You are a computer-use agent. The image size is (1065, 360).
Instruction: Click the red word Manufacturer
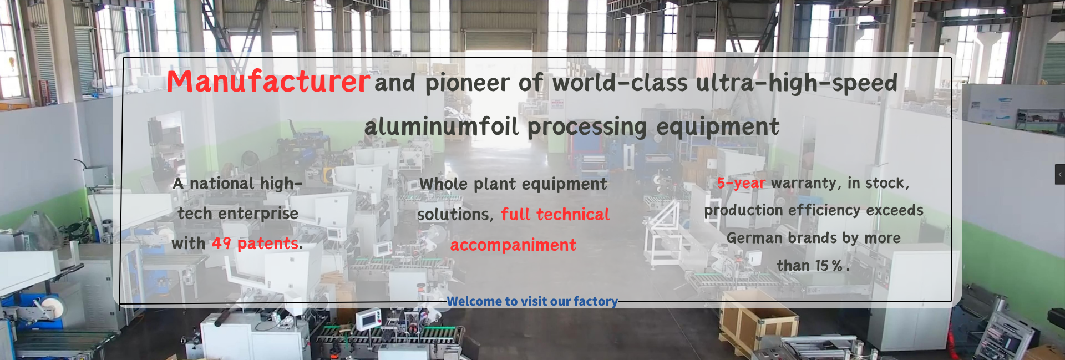[x=268, y=82]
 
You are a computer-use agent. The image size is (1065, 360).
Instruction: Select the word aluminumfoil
[x=442, y=126]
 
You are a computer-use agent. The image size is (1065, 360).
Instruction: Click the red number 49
[x=221, y=244]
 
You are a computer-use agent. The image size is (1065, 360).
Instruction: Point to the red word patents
[x=268, y=244]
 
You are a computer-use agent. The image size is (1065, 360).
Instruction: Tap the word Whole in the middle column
[x=443, y=184]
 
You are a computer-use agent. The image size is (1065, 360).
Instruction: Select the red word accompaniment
[x=513, y=245]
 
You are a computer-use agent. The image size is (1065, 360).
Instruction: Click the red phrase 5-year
[x=741, y=183]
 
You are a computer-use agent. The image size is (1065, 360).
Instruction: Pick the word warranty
[x=806, y=183]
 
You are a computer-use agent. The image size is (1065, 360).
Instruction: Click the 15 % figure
[x=829, y=266]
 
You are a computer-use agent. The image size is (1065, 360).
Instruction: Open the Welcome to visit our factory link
[x=532, y=301]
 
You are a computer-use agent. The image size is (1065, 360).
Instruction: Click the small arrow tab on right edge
[x=1060, y=174]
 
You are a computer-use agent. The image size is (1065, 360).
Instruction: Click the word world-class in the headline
[x=620, y=83]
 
